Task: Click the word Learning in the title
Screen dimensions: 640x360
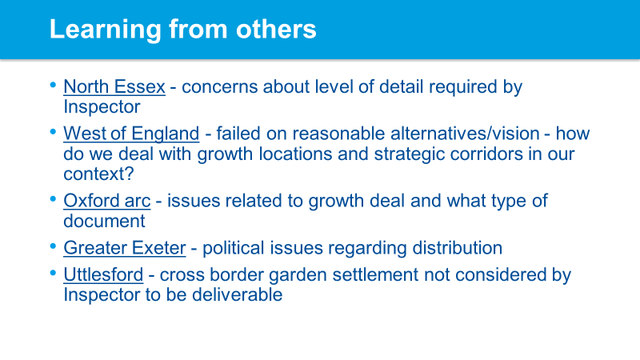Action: click(106, 30)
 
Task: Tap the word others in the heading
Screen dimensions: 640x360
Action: click(276, 29)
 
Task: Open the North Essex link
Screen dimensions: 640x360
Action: click(114, 87)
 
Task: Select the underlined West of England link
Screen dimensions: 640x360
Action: click(131, 134)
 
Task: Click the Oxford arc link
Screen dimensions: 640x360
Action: click(107, 202)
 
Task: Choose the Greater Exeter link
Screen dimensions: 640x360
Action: click(125, 248)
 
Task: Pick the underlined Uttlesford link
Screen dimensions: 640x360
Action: click(103, 274)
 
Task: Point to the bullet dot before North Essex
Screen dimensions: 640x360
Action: click(53, 85)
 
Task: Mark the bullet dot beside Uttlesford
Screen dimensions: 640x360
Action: click(53, 273)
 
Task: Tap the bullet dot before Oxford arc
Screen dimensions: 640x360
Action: click(53, 199)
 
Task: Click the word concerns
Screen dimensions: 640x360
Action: click(219, 87)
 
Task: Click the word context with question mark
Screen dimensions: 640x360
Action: click(98, 174)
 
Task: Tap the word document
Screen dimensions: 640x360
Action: click(104, 222)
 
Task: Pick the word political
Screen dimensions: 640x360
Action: click(234, 248)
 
